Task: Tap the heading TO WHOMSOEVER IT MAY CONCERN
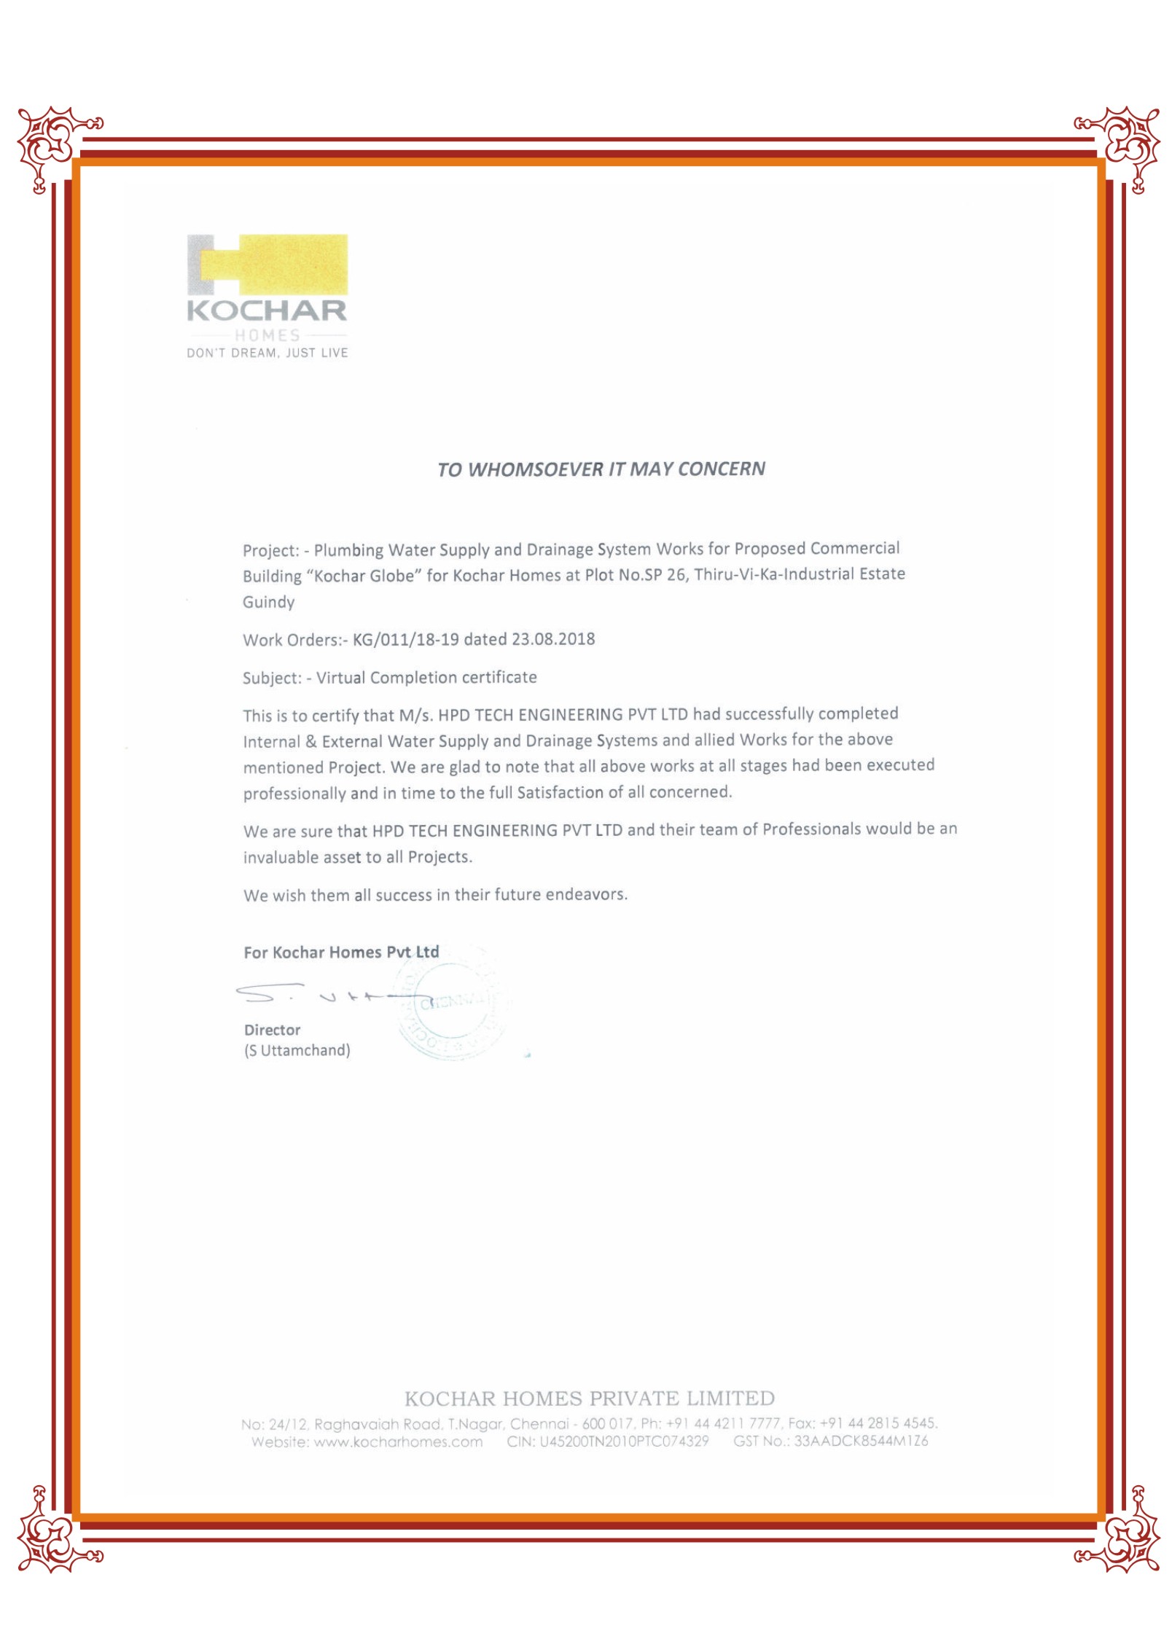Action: tap(601, 469)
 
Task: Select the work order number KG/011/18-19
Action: tap(406, 640)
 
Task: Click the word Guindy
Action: tap(269, 602)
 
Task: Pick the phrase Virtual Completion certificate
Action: tap(426, 678)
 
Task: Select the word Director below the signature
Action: tap(273, 1030)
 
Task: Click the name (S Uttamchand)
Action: tap(297, 1051)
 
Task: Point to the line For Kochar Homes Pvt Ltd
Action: tap(341, 952)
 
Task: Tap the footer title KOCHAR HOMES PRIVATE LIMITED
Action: tap(589, 1398)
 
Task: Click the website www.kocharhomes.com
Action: tap(398, 1442)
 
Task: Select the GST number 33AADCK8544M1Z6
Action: tap(861, 1441)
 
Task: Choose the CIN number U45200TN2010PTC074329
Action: tap(624, 1441)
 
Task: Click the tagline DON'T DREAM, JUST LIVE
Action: tap(267, 353)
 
